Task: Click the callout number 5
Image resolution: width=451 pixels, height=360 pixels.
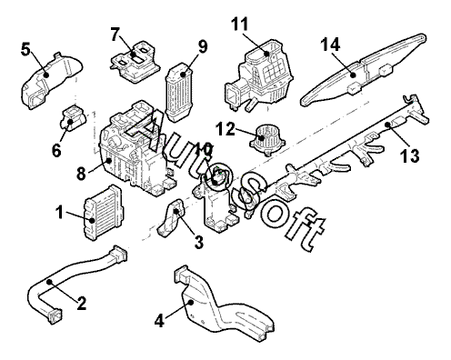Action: (x=25, y=49)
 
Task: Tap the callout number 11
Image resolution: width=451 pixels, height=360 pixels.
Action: (x=240, y=24)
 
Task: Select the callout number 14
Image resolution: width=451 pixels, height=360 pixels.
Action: (x=330, y=45)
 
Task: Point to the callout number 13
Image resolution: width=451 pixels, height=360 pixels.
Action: (x=409, y=155)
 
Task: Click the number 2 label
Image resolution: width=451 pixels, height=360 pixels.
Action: (x=81, y=303)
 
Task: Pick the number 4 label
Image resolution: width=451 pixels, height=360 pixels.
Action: (x=159, y=321)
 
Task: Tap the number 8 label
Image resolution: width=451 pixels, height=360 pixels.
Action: (x=81, y=174)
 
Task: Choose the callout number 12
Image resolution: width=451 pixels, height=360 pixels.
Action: (x=225, y=129)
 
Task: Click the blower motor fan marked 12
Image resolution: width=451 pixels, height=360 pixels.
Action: (x=267, y=140)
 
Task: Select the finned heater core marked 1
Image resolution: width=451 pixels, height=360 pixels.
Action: (x=104, y=212)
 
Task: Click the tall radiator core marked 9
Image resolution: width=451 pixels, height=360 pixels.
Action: (x=178, y=93)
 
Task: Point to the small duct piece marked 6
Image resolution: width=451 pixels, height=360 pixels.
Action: (x=74, y=117)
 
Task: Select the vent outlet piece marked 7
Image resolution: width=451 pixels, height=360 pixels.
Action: (x=135, y=62)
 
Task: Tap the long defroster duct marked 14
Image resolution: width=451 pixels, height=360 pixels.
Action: (x=364, y=70)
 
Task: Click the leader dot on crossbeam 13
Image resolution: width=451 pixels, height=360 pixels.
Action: (x=387, y=124)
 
